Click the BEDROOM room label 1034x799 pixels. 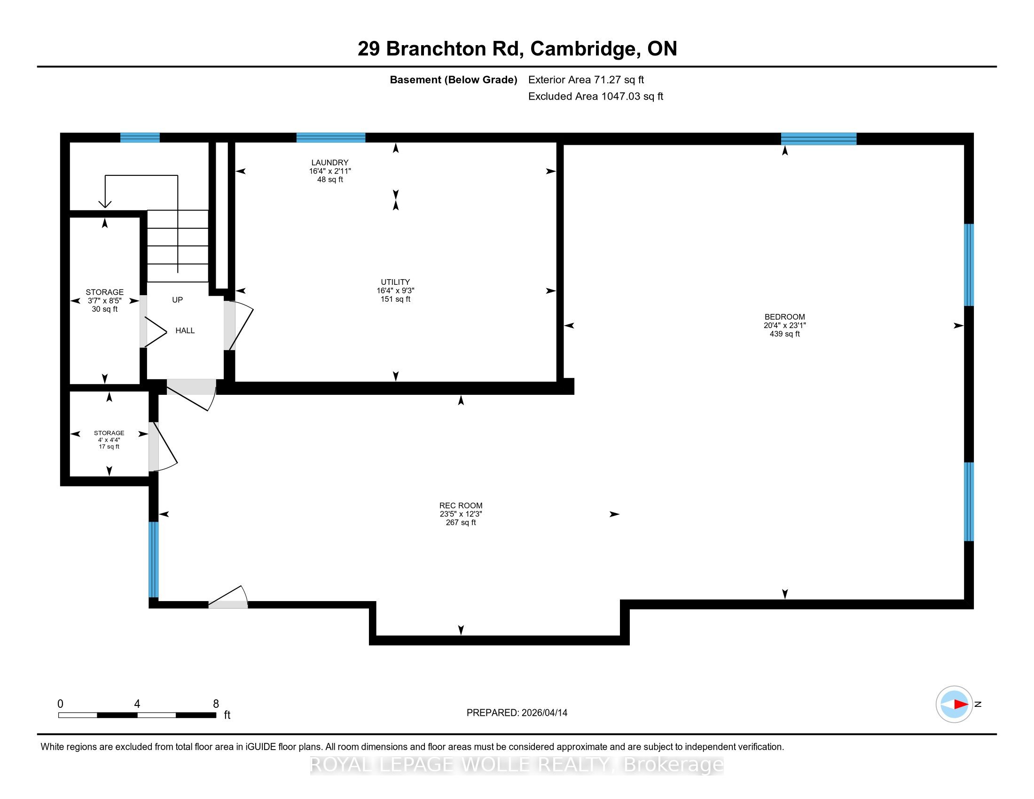[784, 317]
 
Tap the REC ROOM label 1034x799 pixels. [461, 506]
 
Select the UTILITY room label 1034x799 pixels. [395, 282]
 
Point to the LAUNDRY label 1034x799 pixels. [329, 162]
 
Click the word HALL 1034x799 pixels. [185, 330]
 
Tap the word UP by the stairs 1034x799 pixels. [178, 300]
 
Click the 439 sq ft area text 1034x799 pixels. [784, 334]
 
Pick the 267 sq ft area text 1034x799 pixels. [461, 523]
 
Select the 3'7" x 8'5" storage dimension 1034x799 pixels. [105, 301]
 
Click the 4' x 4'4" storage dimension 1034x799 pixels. [110, 440]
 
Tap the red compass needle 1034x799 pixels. [961, 705]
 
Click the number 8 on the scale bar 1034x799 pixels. [216, 704]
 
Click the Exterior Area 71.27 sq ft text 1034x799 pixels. [586, 80]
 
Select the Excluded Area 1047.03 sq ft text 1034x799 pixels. [595, 96]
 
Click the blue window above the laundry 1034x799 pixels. [331, 138]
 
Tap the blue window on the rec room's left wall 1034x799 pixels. [153, 559]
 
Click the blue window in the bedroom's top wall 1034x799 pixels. [819, 139]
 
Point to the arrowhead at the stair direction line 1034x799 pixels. [105, 204]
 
